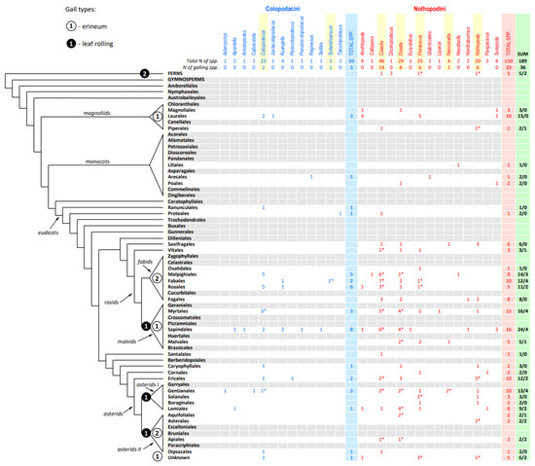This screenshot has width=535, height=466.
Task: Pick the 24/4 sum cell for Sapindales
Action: pos(523,330)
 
